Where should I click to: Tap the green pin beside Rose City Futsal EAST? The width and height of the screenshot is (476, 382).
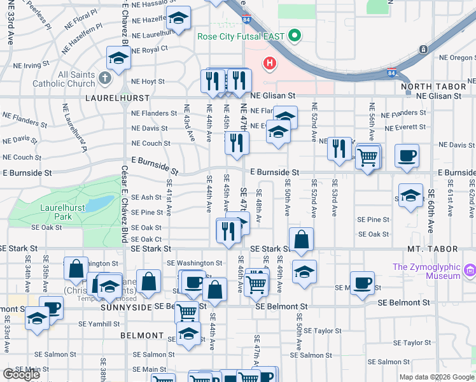(x=293, y=36)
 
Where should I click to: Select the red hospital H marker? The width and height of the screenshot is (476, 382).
(x=270, y=63)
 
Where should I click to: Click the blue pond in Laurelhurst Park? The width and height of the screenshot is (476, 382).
(x=98, y=204)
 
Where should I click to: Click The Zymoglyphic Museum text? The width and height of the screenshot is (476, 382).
(x=426, y=271)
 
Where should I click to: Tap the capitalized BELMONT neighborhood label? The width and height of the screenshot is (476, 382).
(x=142, y=336)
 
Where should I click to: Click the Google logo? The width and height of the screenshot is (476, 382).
(x=21, y=374)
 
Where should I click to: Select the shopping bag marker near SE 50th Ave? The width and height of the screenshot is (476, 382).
(x=303, y=241)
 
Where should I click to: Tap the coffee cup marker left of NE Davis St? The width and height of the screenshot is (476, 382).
(x=407, y=157)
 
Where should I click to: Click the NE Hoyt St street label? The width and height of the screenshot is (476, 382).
(x=148, y=81)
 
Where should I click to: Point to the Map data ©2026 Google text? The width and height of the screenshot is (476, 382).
(x=436, y=377)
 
